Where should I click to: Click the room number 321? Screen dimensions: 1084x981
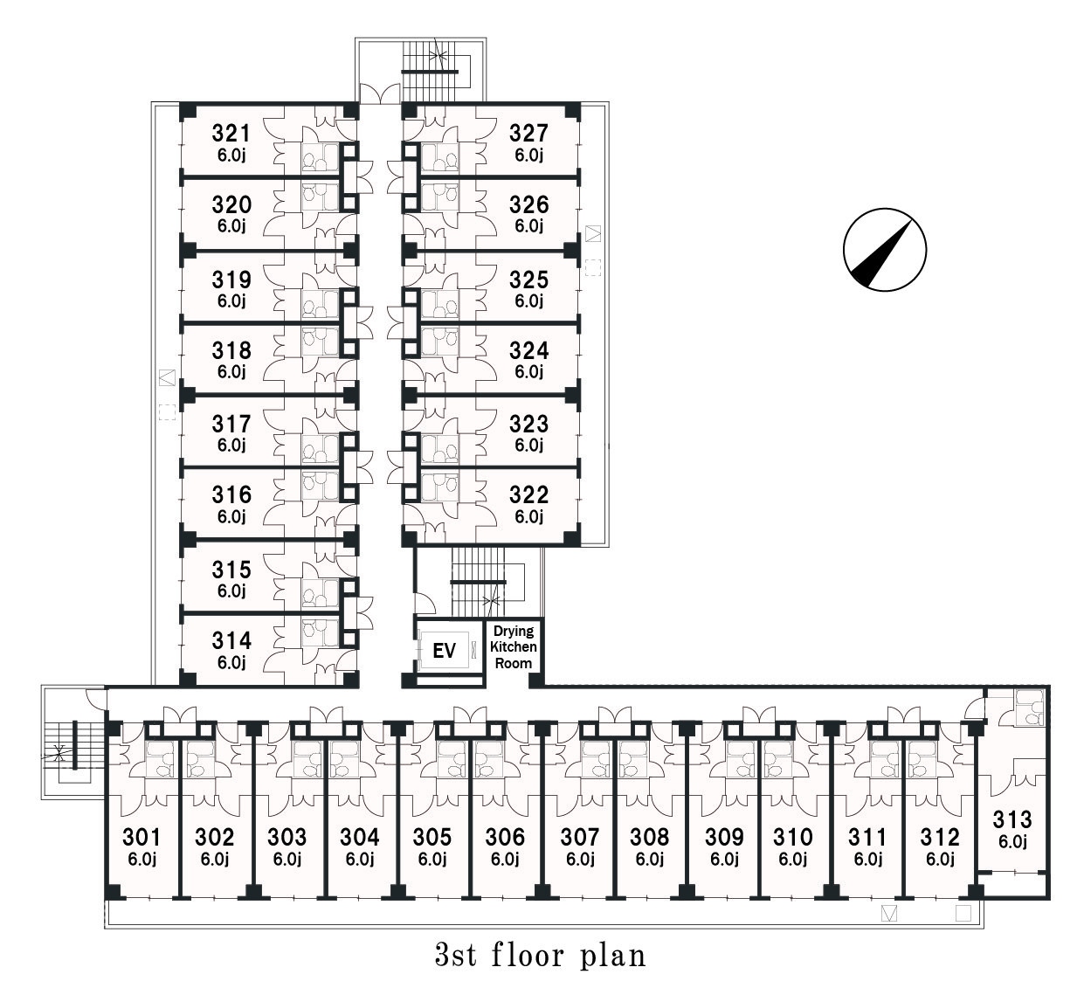click(231, 134)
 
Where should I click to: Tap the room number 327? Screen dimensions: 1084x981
click(528, 134)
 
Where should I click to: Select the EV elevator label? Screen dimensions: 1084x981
click(445, 651)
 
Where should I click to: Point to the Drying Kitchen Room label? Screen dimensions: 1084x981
click(514, 647)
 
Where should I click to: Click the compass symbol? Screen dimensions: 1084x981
click(885, 250)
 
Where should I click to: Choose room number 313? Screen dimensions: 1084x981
click(1012, 820)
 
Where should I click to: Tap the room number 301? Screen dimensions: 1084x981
click(142, 837)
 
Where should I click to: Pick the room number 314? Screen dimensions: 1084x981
click(231, 640)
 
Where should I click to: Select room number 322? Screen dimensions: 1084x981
click(528, 495)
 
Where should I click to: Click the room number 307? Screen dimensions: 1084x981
click(580, 837)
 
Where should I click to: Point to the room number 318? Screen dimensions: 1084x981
click(231, 351)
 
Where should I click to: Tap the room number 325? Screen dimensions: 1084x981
click(528, 280)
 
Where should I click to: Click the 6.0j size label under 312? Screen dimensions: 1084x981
click(940, 860)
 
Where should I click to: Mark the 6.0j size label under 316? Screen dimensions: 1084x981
click(231, 517)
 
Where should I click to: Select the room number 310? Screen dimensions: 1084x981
click(793, 837)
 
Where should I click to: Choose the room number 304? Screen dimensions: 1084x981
click(359, 837)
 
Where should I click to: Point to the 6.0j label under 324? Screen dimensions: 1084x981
click(528, 372)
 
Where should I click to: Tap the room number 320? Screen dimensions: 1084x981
click(231, 204)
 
